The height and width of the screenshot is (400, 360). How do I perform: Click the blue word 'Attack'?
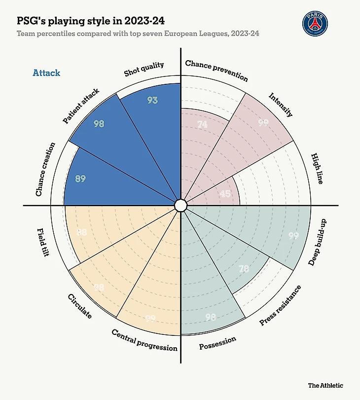coord(46,73)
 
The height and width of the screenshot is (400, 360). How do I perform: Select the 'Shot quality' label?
coord(144,69)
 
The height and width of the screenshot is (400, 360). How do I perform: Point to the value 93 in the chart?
coord(152,100)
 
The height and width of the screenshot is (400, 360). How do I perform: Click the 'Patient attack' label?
coord(81,106)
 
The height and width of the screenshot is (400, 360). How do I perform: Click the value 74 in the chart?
coord(202,125)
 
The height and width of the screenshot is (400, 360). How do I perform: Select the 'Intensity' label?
coord(281,105)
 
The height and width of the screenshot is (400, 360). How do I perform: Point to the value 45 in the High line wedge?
coord(225,194)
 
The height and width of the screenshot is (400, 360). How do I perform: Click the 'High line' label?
coord(317,169)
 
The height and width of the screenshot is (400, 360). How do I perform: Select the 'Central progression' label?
coord(144,340)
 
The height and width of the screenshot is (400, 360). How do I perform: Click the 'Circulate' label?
coord(79,306)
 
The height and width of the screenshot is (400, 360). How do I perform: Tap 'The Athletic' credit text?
coord(325,385)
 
